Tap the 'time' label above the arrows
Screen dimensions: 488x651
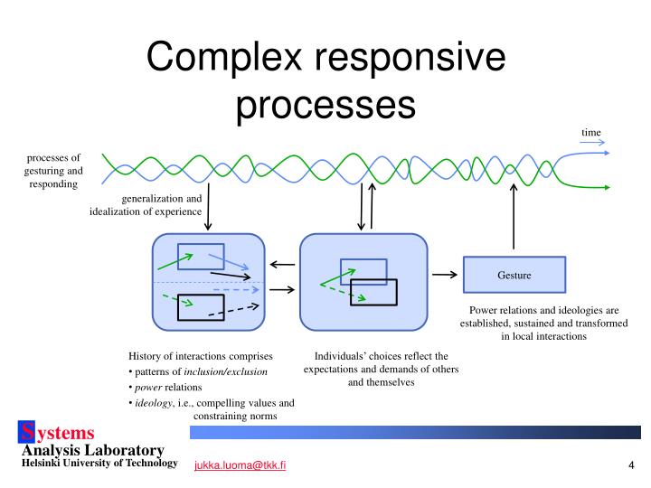click(590, 133)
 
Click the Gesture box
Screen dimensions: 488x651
click(514, 275)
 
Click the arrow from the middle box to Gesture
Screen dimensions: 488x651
click(444, 274)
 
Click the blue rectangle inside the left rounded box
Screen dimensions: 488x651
click(201, 256)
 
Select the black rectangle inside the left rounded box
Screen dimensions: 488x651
click(201, 307)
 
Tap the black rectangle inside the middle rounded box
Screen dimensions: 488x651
click(373, 292)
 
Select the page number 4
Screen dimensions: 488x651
click(630, 465)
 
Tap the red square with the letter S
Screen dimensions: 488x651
click(29, 433)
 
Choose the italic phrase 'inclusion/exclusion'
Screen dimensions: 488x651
click(226, 371)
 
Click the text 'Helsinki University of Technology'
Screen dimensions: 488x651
click(99, 463)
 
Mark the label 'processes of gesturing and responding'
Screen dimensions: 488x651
click(52, 170)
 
